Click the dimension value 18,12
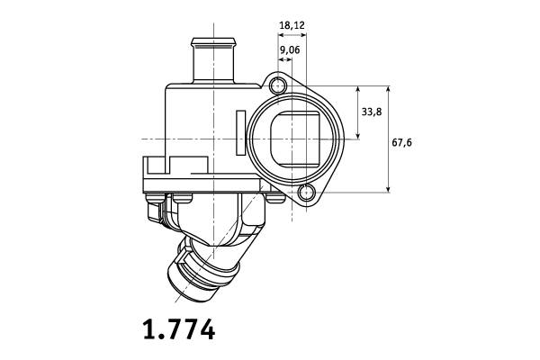[292, 25]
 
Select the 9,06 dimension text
[290, 50]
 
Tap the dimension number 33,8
[371, 112]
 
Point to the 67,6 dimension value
[401, 142]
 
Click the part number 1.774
[179, 329]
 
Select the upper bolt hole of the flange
[277, 85]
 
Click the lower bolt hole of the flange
[306, 193]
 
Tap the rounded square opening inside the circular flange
[295, 139]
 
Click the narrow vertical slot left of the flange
[241, 132]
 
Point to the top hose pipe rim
[214, 42]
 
